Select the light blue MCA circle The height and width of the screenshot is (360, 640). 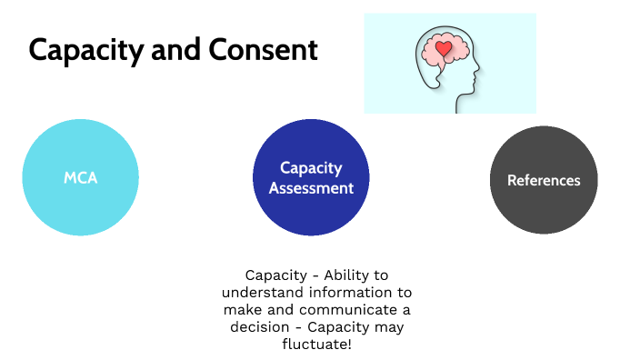tap(80, 178)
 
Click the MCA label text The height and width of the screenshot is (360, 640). tap(80, 178)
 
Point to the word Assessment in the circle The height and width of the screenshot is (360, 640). tap(311, 188)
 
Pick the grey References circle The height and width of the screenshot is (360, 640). tap(544, 180)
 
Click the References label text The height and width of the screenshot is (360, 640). tap(544, 180)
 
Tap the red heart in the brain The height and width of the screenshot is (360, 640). tap(444, 48)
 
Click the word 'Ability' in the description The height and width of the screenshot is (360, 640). tap(335, 275)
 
